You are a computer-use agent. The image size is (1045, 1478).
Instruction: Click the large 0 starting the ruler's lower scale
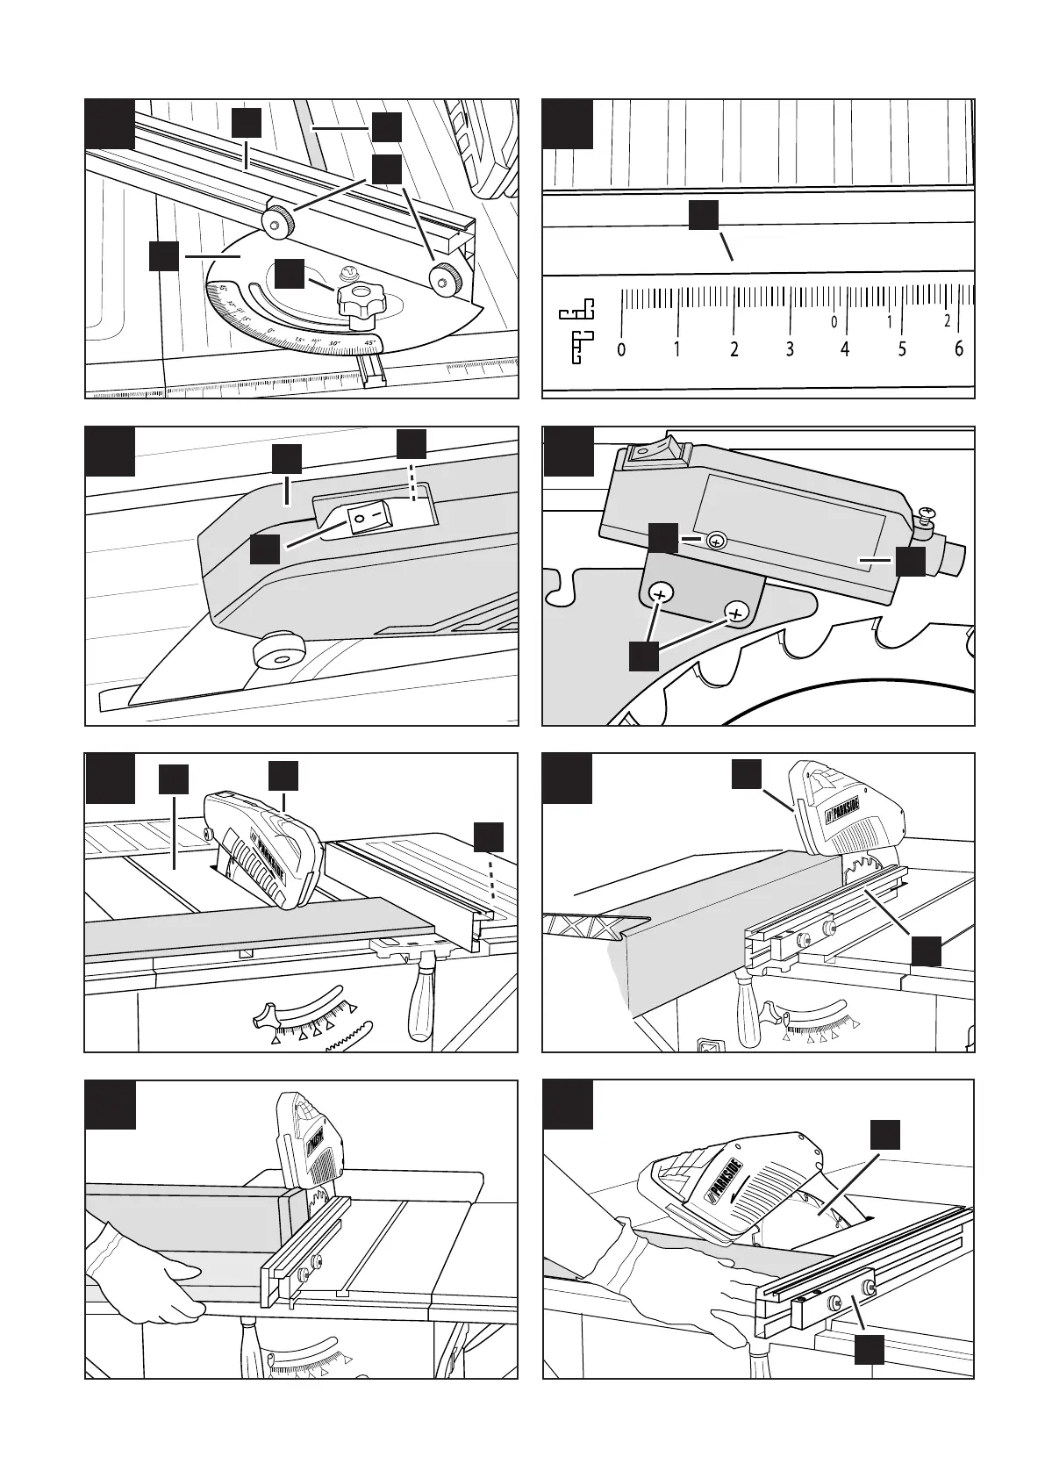pyautogui.click(x=621, y=350)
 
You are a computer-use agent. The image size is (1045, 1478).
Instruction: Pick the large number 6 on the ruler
pyautogui.click(x=958, y=349)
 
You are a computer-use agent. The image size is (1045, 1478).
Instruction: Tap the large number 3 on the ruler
pyautogui.click(x=790, y=350)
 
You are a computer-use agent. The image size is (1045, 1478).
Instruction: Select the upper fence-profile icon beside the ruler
pyautogui.click(x=576, y=310)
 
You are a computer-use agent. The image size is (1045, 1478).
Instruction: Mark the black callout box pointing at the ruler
pyautogui.click(x=704, y=215)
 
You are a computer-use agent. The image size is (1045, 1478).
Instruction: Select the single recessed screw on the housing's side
pyautogui.click(x=716, y=542)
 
